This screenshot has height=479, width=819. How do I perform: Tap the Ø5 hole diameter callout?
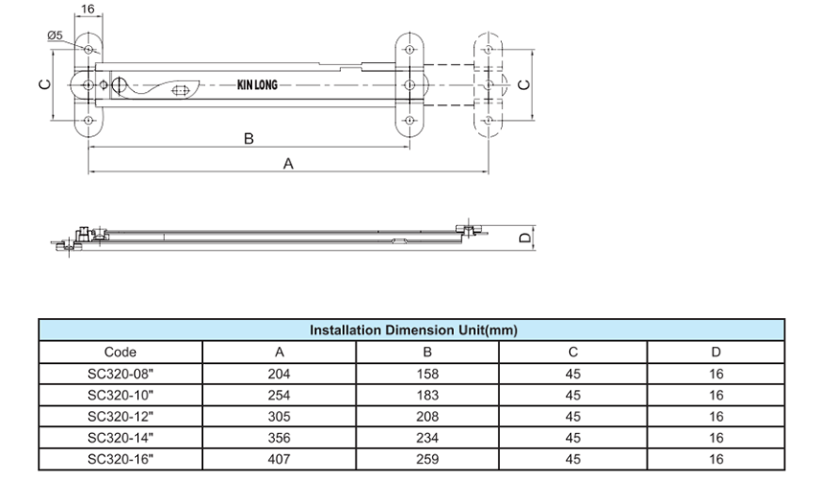54,36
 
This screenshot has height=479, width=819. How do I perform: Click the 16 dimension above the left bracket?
88,9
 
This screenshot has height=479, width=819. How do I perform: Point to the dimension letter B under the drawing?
248,139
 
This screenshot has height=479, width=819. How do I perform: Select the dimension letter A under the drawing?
287,164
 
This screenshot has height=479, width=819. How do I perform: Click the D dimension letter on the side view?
524,239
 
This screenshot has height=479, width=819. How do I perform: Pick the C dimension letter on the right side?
522,85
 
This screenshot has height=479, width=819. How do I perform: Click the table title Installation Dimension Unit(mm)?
413,330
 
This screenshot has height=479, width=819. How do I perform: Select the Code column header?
120,353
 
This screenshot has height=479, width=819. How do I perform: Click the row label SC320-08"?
120,374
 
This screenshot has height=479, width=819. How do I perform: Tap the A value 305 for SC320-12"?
280,416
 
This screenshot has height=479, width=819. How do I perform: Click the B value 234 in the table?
427,437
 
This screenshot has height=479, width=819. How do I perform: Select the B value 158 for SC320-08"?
427,374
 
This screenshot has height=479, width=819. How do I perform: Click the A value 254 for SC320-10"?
280,395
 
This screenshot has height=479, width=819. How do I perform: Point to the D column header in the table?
717,353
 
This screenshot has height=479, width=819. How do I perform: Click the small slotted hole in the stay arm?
180,92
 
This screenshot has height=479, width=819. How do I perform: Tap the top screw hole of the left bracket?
89,49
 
